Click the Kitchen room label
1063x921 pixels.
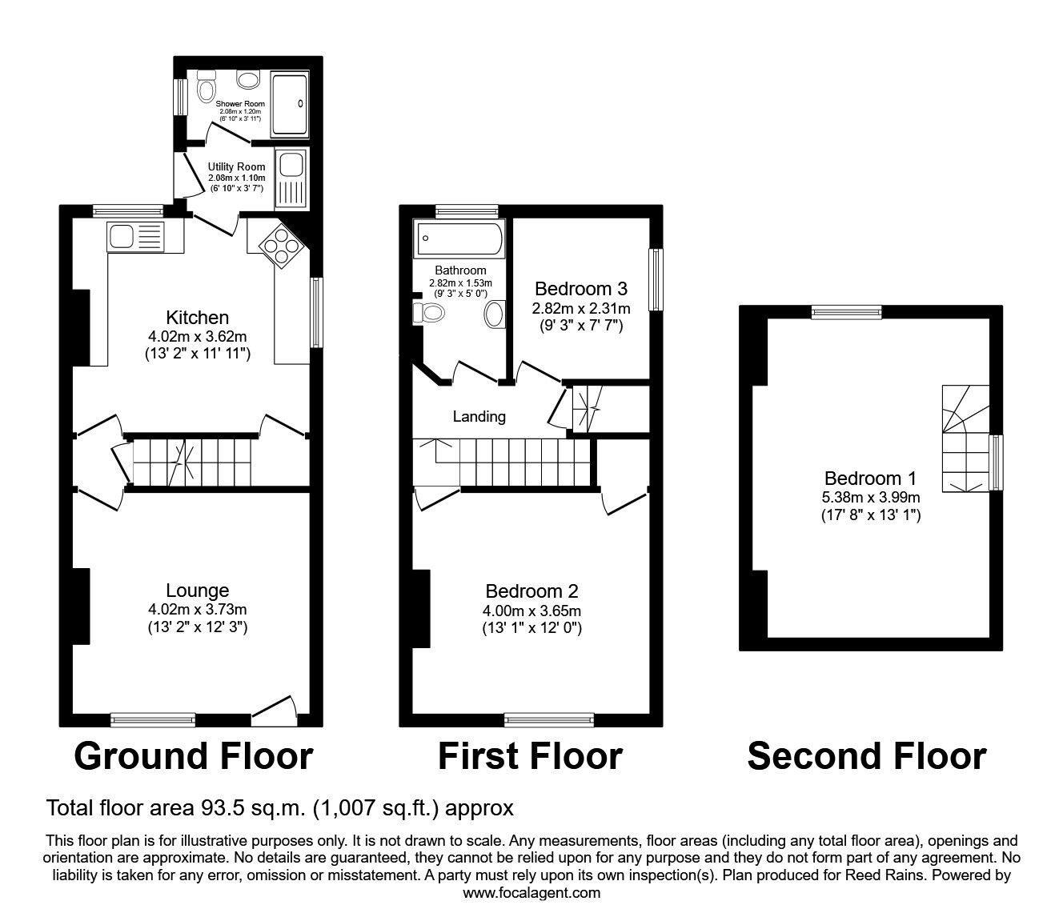click(x=197, y=318)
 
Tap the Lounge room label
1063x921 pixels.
click(x=197, y=591)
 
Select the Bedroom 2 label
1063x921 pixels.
click(x=531, y=591)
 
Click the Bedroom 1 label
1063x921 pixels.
click(x=870, y=479)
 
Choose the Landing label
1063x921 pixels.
click(x=479, y=416)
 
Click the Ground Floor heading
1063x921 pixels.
click(x=193, y=756)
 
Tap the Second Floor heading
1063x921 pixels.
click(x=866, y=756)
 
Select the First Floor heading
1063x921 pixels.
click(x=530, y=756)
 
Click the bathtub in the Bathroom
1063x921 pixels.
click(x=460, y=238)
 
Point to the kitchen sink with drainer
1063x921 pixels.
click(x=134, y=237)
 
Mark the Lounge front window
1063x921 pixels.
click(x=152, y=720)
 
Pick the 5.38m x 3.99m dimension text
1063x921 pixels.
click(x=870, y=498)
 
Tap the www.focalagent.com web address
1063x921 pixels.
click(x=531, y=893)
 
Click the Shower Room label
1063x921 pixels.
click(x=239, y=104)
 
